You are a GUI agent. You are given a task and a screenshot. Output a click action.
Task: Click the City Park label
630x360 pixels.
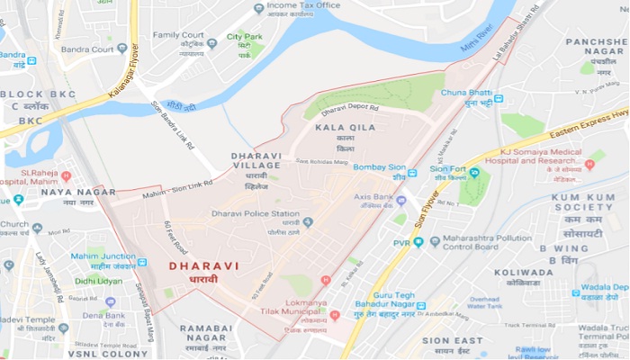point(244,37)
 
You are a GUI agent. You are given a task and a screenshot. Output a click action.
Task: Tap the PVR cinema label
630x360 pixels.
point(400,242)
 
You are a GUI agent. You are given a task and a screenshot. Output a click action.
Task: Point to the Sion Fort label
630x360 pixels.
point(446,168)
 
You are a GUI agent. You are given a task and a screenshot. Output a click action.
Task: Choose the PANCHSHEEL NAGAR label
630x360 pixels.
point(596,41)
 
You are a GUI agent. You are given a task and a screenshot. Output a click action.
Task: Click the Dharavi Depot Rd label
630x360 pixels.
point(346,109)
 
